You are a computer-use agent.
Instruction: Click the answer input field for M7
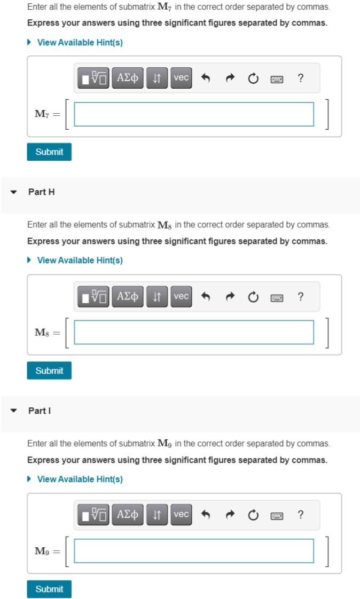point(193,114)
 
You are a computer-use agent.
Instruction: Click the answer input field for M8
point(193,333)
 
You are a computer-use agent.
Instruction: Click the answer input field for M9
point(193,551)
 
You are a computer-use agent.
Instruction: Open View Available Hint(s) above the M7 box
point(80,42)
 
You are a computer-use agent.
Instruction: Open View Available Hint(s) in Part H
point(80,261)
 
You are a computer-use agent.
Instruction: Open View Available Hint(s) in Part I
point(80,479)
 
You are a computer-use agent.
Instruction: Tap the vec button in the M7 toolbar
point(181,78)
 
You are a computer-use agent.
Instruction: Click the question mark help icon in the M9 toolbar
point(301,515)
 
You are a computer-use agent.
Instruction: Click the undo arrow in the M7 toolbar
point(205,78)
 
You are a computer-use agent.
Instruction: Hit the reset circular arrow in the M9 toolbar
point(253,515)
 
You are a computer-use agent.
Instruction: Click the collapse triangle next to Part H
point(14,192)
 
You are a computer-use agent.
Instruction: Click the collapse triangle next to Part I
point(14,411)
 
